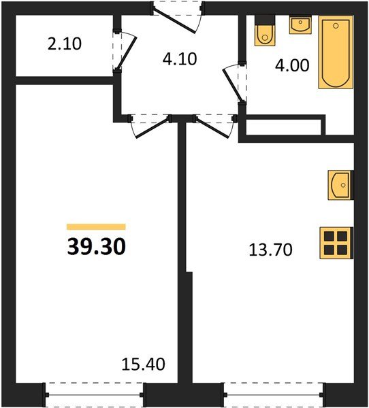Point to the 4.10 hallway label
(x=179, y=58)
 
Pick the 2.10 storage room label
(x=65, y=46)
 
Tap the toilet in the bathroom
(x=263, y=31)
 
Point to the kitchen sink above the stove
(x=340, y=184)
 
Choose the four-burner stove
(x=336, y=242)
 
